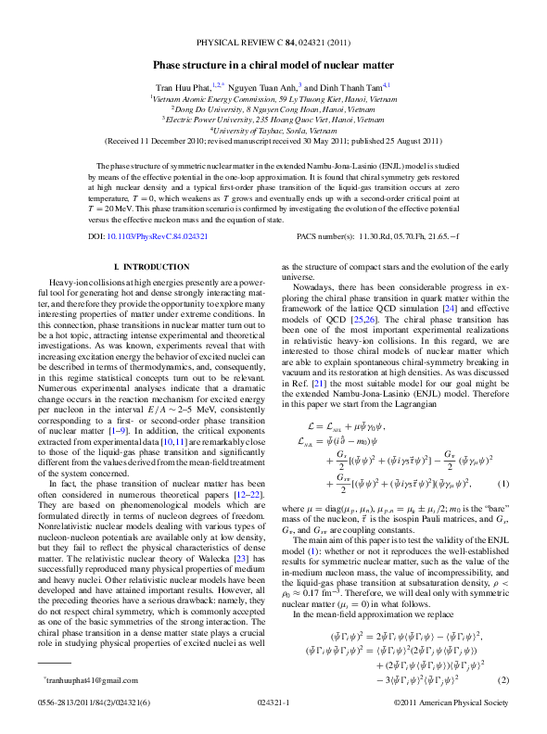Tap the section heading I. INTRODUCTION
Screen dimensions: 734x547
[156, 267]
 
